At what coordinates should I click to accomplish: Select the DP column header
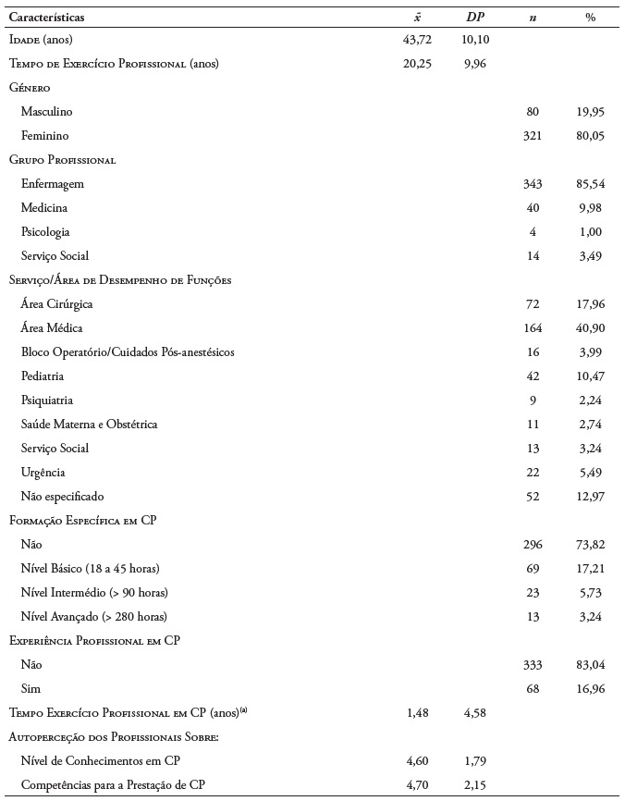pyautogui.click(x=474, y=17)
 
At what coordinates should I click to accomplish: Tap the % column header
pyautogui.click(x=590, y=17)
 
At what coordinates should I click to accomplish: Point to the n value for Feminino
pyautogui.click(x=533, y=136)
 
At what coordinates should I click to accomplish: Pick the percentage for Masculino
pyautogui.click(x=590, y=112)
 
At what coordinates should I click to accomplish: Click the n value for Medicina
pyautogui.click(x=533, y=208)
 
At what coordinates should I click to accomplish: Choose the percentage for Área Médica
pyautogui.click(x=590, y=328)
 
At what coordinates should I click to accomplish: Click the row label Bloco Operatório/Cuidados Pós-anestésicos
pyautogui.click(x=129, y=352)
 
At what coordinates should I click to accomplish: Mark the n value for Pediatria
pyautogui.click(x=533, y=376)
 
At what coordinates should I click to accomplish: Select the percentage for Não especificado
pyautogui.click(x=590, y=497)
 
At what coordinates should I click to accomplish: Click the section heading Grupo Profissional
pyautogui.click(x=62, y=160)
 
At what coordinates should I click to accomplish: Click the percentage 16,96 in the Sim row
pyautogui.click(x=590, y=689)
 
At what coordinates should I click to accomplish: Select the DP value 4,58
pyautogui.click(x=474, y=713)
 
